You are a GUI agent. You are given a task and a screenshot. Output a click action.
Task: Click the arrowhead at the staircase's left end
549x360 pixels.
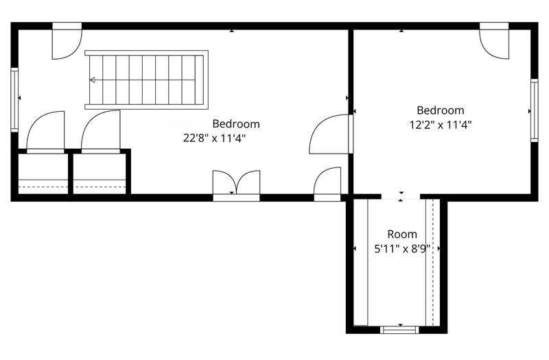click(92, 80)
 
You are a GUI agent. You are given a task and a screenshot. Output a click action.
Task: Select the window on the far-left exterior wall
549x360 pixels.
click(14, 99)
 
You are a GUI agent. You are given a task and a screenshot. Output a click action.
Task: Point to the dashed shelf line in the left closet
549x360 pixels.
click(43, 187)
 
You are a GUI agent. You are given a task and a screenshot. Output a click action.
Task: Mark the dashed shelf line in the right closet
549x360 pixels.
click(100, 187)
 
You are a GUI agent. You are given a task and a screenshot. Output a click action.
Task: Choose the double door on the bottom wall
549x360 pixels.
click(236, 185)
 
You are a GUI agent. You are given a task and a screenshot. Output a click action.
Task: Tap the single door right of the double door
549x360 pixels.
click(328, 183)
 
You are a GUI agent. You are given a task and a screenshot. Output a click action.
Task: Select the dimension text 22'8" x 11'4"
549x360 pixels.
click(214, 138)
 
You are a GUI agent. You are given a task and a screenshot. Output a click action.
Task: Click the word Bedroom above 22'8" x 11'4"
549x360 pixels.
click(235, 124)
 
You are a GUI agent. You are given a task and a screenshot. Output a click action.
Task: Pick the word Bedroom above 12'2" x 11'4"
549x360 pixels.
click(440, 110)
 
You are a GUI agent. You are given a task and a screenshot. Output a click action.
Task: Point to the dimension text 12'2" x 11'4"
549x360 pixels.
click(440, 125)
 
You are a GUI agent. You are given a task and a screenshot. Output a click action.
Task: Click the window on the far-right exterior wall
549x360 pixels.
click(534, 110)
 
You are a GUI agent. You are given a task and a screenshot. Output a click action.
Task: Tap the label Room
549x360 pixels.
click(401, 235)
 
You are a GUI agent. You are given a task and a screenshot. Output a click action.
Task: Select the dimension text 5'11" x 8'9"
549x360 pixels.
click(401, 249)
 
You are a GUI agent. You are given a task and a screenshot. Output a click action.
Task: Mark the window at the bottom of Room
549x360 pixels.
click(399, 329)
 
